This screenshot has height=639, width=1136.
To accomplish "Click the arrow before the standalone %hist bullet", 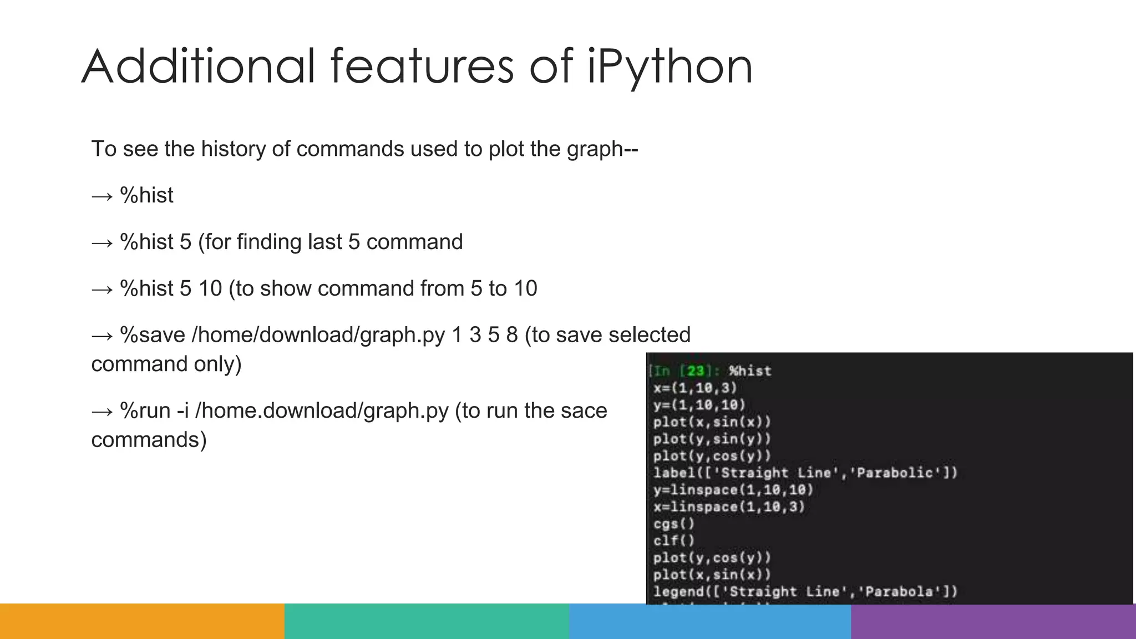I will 102,196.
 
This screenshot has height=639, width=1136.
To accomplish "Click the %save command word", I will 153,335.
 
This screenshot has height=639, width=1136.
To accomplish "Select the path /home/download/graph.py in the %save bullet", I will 318,335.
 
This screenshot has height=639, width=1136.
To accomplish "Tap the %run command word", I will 145,410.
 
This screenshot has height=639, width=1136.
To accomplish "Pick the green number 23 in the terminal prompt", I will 696,371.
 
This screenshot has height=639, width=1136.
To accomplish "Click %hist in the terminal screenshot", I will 750,371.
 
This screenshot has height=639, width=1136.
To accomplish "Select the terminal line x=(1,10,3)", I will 695,388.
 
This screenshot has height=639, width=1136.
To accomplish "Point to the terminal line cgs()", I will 673,524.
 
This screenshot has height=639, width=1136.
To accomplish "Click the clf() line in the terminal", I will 673,540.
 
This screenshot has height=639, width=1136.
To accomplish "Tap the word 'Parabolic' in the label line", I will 899,473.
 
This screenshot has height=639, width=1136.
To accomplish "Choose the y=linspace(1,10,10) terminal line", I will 733,490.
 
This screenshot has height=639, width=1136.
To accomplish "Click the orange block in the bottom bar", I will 142,621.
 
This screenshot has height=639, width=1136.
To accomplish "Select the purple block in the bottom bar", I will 993,621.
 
